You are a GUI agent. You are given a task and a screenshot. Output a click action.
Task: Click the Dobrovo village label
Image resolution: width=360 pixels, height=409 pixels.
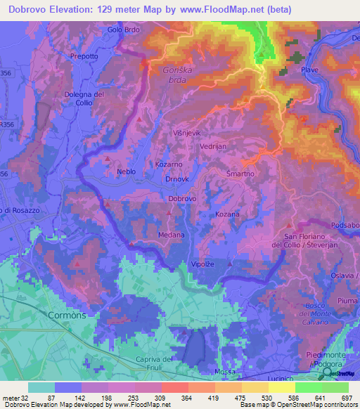click(x=182, y=199)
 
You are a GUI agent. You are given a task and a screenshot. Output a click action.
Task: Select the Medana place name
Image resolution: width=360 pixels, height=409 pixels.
click(x=172, y=235)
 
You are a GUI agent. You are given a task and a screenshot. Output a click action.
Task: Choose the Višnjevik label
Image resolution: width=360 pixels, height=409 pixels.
click(x=188, y=131)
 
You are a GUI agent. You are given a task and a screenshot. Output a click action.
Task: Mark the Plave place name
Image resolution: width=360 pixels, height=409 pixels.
click(x=309, y=71)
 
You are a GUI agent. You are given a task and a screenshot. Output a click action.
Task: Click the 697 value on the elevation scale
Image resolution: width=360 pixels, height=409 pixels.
click(x=347, y=398)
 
